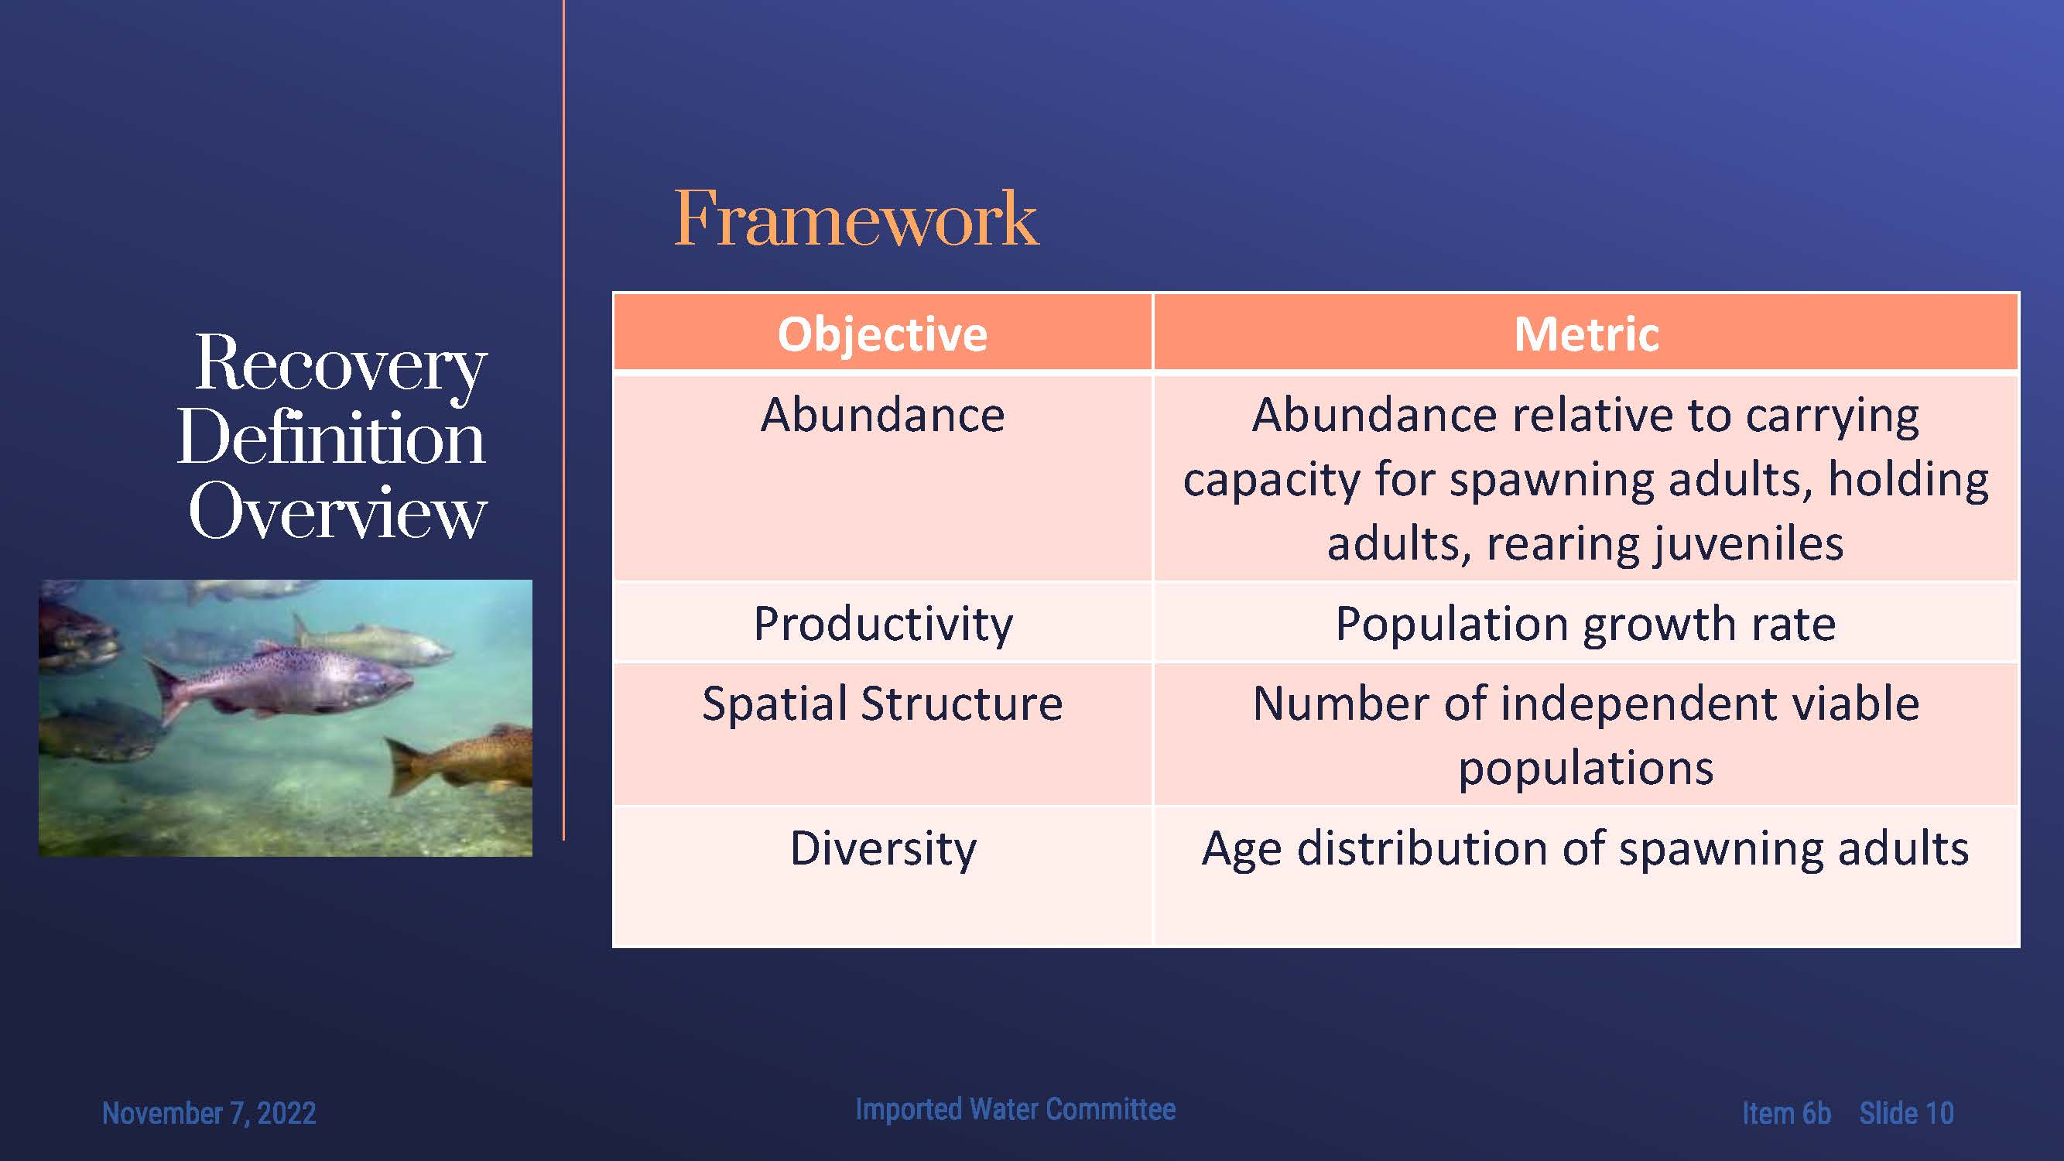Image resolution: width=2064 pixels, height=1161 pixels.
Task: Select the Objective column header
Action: (x=882, y=333)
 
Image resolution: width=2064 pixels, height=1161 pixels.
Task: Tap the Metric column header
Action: (x=1586, y=333)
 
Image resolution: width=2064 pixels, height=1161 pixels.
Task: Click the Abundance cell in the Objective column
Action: (x=882, y=476)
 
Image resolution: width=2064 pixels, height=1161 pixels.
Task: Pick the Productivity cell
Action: (x=882, y=622)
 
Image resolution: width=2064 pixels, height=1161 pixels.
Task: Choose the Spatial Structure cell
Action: (x=882, y=733)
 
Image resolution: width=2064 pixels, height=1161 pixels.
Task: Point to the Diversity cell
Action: (x=882, y=875)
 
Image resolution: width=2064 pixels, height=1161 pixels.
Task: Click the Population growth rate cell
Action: (x=1586, y=622)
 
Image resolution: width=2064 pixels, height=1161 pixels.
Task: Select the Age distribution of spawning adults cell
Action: (x=1586, y=875)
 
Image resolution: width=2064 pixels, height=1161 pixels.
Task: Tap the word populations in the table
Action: (x=1586, y=769)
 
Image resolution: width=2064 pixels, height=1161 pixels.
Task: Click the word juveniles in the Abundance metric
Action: (x=1745, y=543)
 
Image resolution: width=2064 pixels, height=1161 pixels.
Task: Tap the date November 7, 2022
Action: (x=209, y=1114)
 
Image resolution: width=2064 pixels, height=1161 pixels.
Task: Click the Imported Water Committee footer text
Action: (x=1015, y=1109)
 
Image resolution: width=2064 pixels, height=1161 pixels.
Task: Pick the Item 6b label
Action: (x=1786, y=1113)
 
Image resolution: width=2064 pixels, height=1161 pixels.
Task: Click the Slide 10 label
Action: (x=1906, y=1113)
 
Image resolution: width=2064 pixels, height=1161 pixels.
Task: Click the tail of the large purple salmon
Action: (x=166, y=689)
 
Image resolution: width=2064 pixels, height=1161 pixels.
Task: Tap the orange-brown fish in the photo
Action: (x=460, y=762)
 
